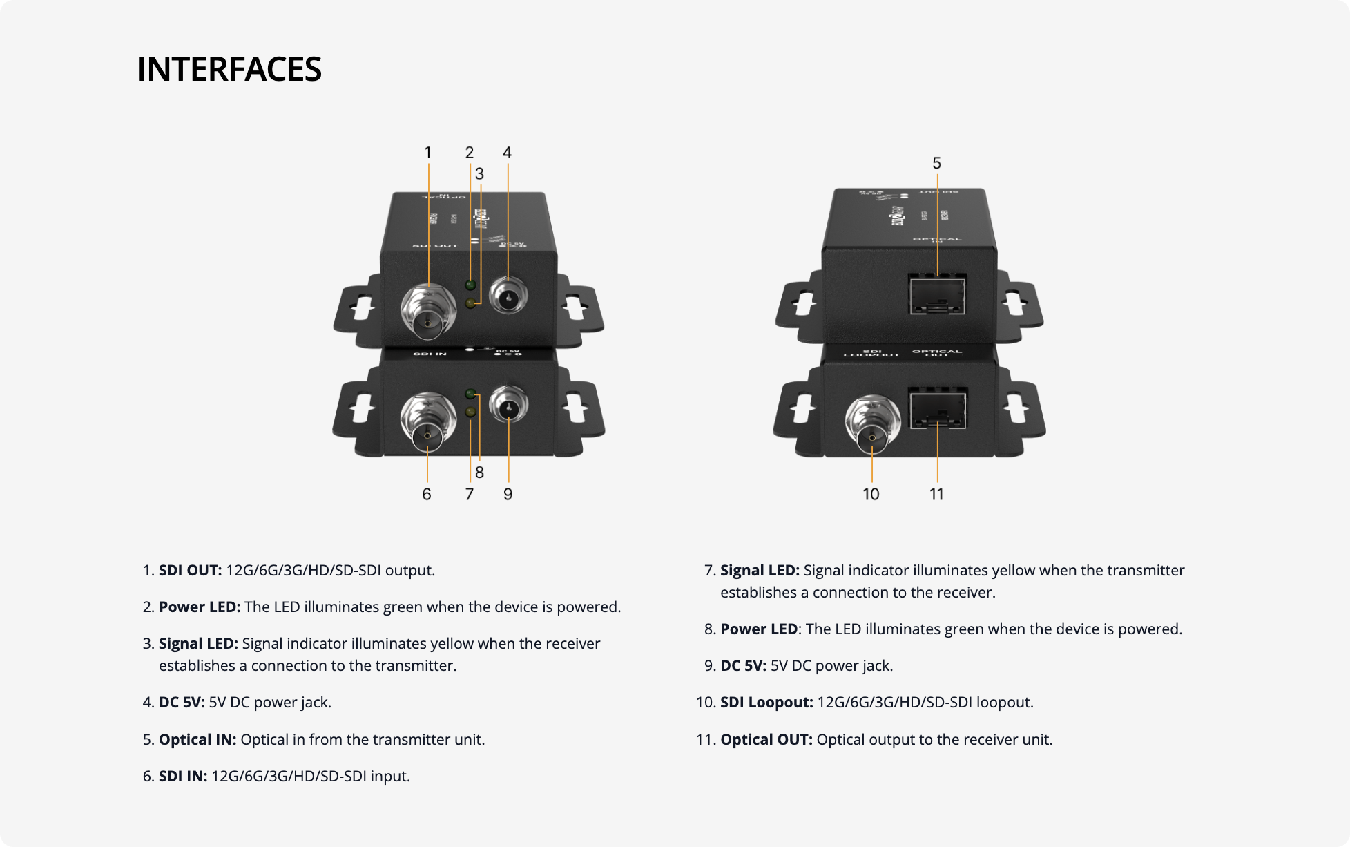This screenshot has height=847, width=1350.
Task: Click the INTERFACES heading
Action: (229, 69)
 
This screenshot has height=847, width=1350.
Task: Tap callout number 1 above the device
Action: (427, 153)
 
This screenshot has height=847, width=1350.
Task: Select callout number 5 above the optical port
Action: (936, 163)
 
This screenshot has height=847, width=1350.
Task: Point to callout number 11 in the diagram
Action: (936, 494)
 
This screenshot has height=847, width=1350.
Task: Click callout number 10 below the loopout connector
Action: (871, 494)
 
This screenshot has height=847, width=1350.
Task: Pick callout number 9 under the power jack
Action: (508, 494)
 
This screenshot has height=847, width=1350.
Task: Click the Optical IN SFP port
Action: (937, 293)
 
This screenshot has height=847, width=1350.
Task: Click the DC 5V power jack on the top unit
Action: (508, 296)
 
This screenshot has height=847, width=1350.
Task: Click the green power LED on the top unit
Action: (471, 285)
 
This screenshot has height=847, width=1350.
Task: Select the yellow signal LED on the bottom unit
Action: (471, 412)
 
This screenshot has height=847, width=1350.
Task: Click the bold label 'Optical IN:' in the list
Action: (197, 739)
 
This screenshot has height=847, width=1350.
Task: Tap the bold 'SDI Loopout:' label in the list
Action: (766, 703)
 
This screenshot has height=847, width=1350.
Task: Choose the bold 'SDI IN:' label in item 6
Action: (183, 776)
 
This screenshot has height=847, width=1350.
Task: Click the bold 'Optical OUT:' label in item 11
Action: (766, 739)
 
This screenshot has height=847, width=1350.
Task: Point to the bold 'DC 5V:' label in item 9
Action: (743, 665)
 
